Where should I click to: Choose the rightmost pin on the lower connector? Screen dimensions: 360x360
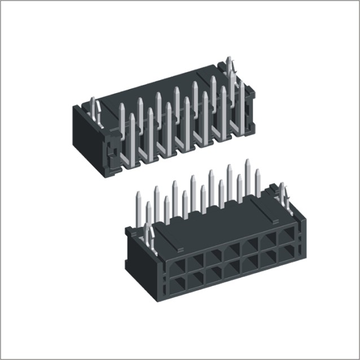coord(258,183)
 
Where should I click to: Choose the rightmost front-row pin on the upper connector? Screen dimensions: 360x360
coord(242,107)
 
